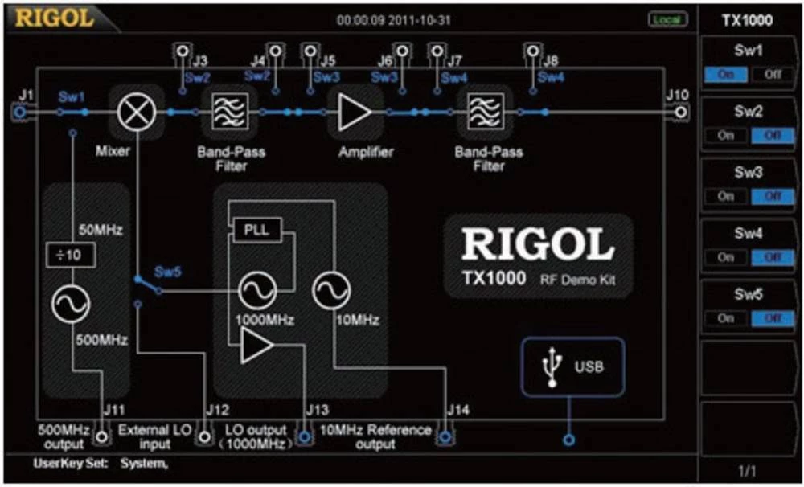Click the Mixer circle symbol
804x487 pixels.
(x=130, y=113)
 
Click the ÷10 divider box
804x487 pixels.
(x=71, y=256)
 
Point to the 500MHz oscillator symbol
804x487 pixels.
(x=71, y=302)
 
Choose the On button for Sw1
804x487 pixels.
(x=727, y=75)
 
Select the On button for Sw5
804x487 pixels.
(x=727, y=318)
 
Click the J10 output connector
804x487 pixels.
(x=681, y=113)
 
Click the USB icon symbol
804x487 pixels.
(x=552, y=367)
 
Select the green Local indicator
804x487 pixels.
(x=666, y=18)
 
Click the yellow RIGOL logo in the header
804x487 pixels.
(x=55, y=18)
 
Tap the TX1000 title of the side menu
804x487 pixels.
(x=749, y=20)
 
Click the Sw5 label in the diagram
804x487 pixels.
(x=168, y=272)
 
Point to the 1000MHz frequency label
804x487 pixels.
(x=265, y=320)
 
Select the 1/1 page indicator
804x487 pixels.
(x=749, y=468)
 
